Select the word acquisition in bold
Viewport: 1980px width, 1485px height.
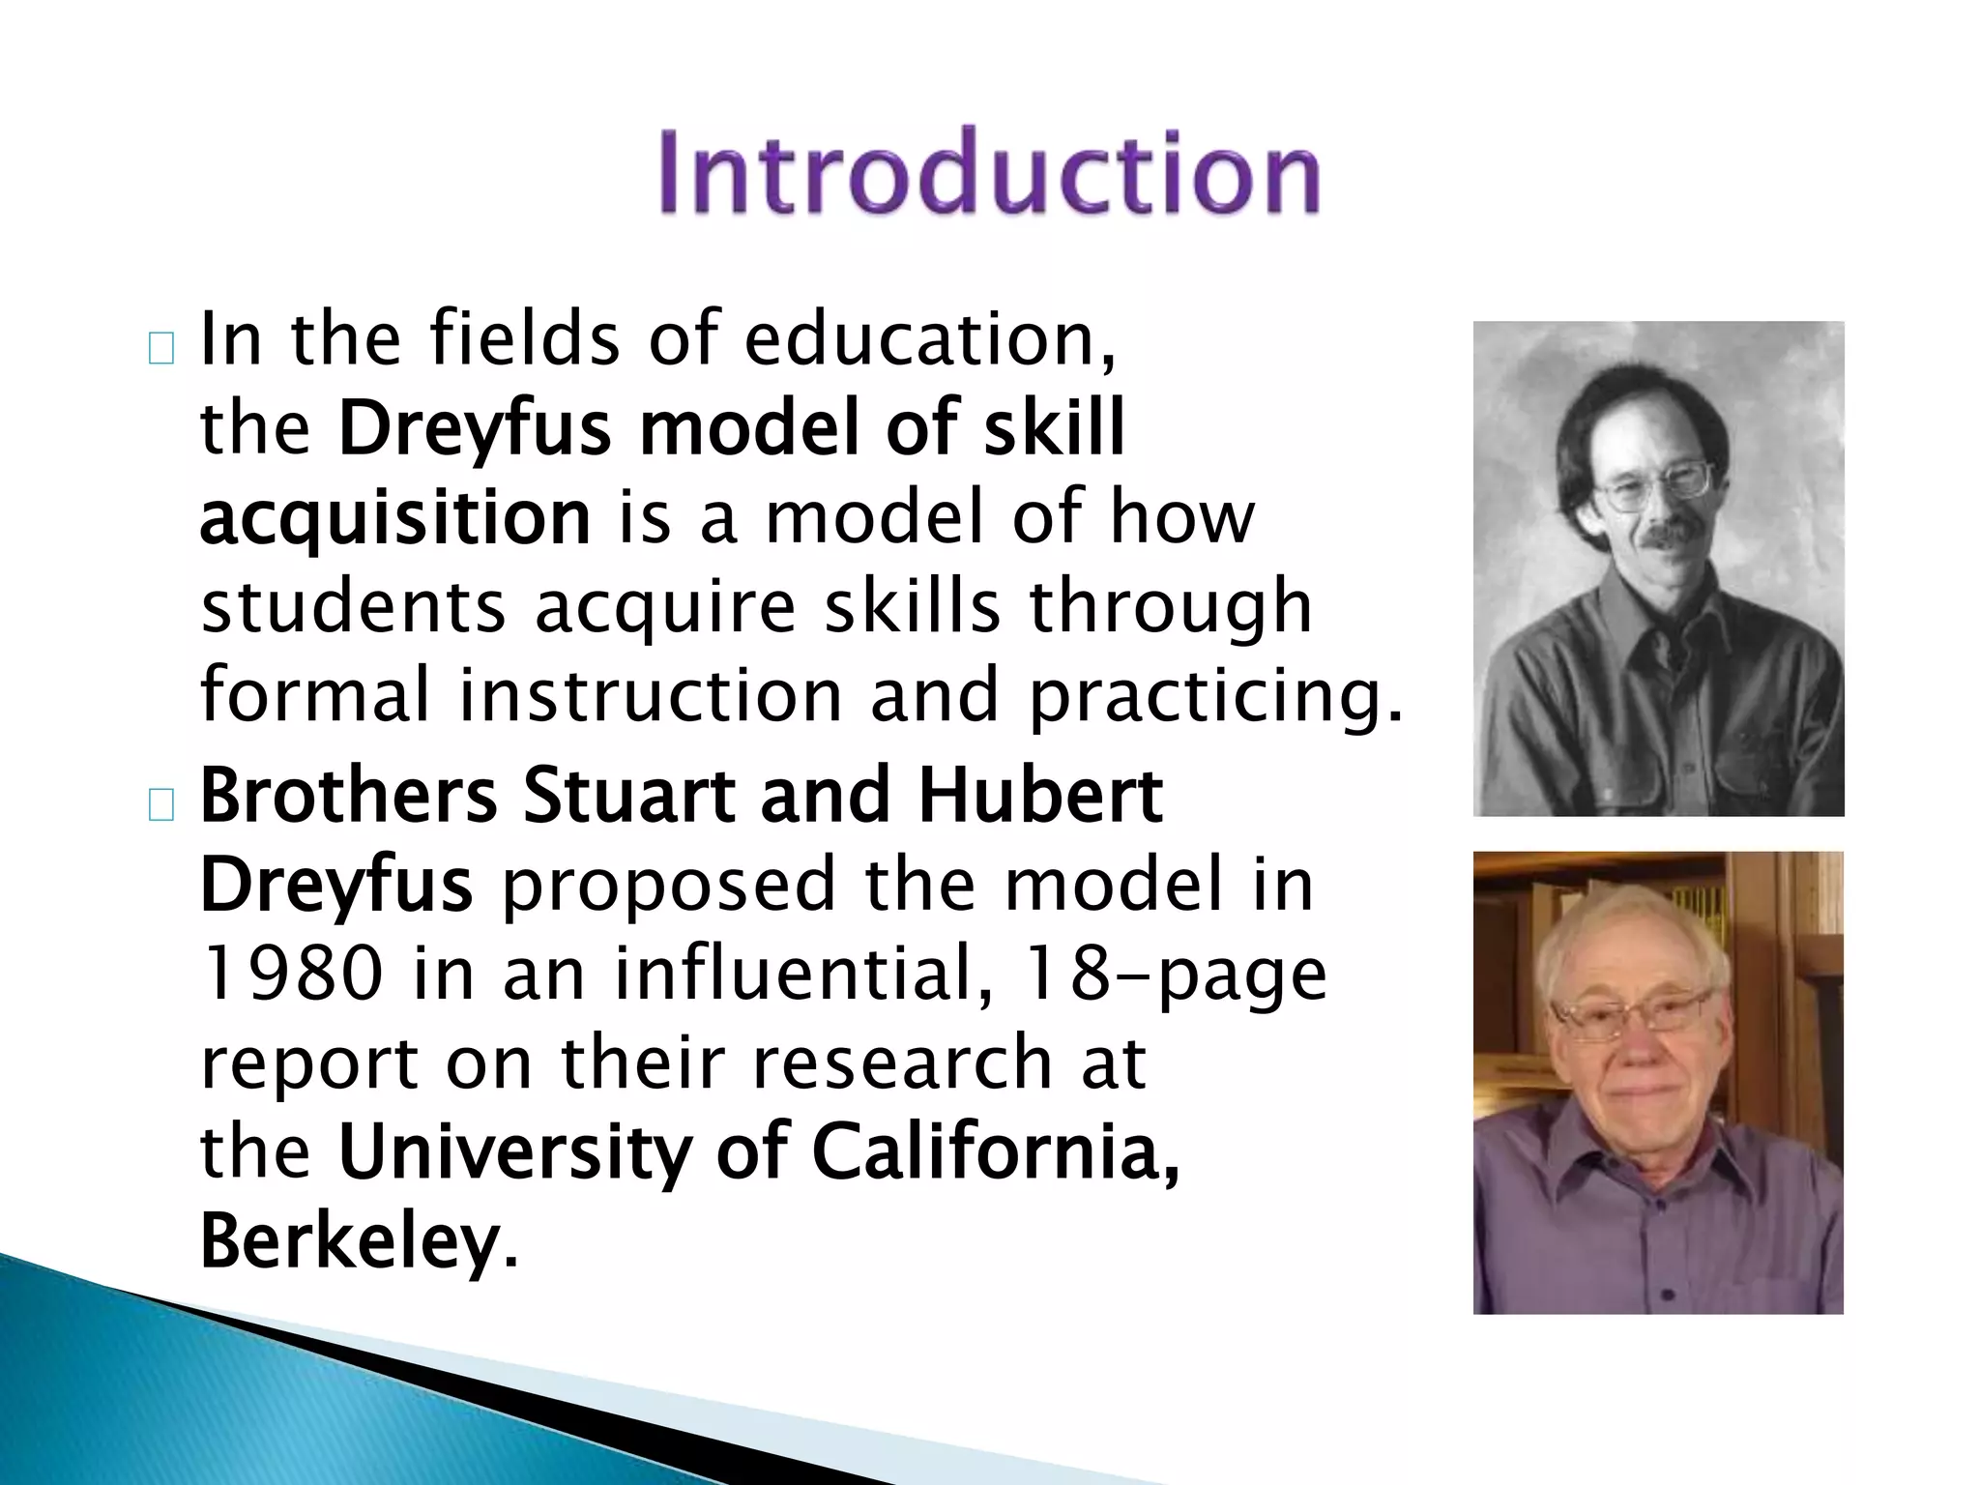394,519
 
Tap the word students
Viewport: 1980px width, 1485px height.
354,607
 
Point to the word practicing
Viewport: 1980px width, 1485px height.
1214,696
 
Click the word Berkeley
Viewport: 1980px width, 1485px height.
349,1241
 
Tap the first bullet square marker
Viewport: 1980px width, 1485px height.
161,349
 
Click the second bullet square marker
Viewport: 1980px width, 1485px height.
161,805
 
